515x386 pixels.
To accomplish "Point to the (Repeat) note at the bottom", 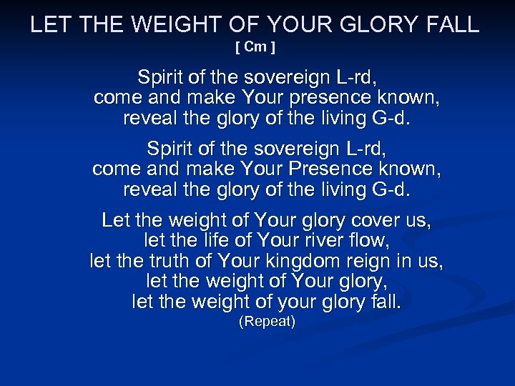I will coord(266,322).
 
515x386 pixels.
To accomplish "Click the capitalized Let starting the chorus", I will coord(116,219).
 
